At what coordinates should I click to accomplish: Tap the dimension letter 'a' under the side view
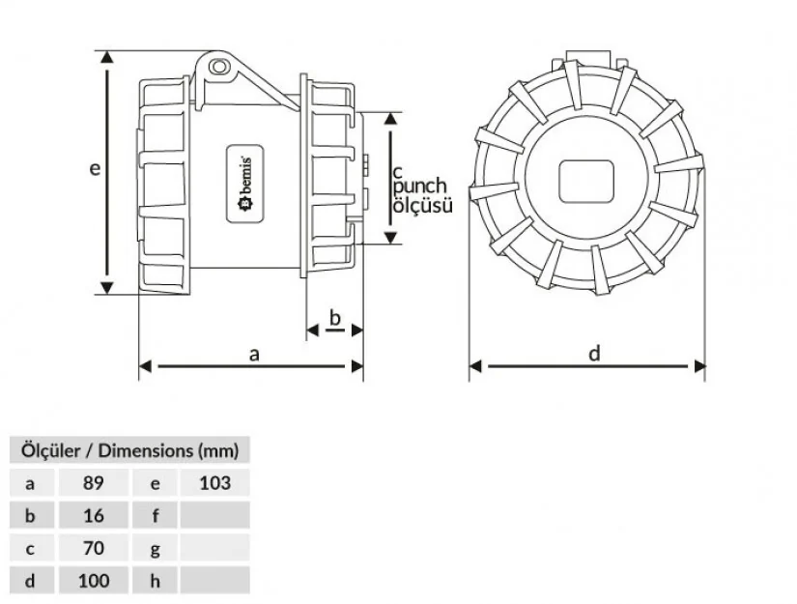(x=255, y=355)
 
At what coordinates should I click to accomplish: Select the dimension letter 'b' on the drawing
(x=335, y=318)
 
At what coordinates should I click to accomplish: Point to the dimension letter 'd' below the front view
(x=595, y=354)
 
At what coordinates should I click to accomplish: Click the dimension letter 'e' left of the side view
(x=95, y=168)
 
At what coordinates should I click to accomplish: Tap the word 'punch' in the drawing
(x=420, y=186)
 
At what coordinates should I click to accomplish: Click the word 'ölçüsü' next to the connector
(x=421, y=205)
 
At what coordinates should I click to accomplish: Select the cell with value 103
(x=213, y=482)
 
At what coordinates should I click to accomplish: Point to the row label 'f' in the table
(x=155, y=515)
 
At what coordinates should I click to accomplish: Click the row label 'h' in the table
(x=155, y=581)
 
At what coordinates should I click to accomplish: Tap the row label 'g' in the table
(x=155, y=548)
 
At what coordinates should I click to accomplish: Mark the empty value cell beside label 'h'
(x=213, y=581)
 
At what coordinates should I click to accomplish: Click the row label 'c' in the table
(x=31, y=548)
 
